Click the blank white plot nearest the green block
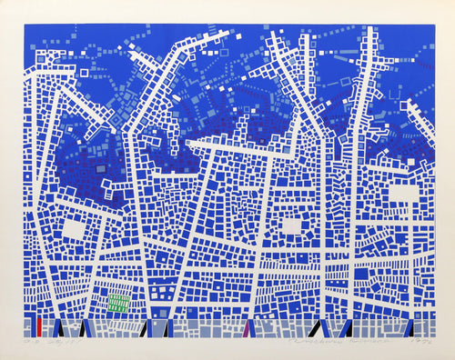(72, 230)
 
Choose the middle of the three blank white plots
(291, 225)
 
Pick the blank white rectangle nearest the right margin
(403, 194)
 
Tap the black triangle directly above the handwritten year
(411, 328)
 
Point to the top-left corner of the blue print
(23, 25)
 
